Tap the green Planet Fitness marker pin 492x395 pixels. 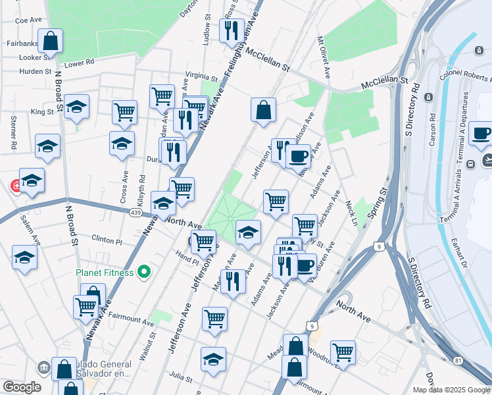[145, 272]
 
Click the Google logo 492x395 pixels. [22, 387]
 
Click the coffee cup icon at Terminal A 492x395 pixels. [481, 134]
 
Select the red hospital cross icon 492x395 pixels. [14, 186]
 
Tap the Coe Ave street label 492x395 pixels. [28, 20]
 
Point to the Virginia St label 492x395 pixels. [201, 75]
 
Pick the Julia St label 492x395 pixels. [180, 378]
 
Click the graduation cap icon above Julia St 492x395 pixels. [213, 359]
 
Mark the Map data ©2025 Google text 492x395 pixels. [451, 390]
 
